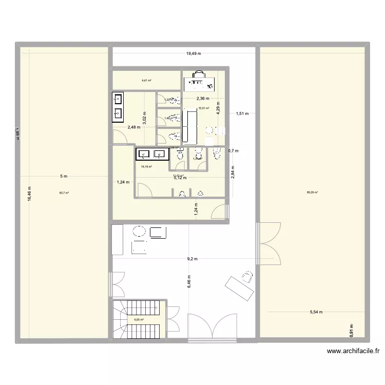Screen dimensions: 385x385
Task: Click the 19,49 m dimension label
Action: (x=194, y=53)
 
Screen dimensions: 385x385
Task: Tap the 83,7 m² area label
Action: (x=64, y=193)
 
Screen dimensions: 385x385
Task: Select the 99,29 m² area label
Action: (x=312, y=192)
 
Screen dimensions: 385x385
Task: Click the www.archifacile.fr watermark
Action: (x=353, y=352)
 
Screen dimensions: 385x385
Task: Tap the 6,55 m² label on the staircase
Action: (x=139, y=320)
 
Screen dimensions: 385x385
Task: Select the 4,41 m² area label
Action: (x=146, y=81)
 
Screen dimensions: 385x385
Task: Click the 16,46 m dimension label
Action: (x=30, y=194)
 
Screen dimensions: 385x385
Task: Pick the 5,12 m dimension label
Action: (x=180, y=178)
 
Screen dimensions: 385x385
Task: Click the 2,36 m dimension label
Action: (x=203, y=99)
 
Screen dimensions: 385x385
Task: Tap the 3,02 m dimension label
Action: (x=145, y=119)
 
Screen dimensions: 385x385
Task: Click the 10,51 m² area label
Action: (x=204, y=108)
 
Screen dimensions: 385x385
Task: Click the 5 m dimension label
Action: (x=63, y=177)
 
